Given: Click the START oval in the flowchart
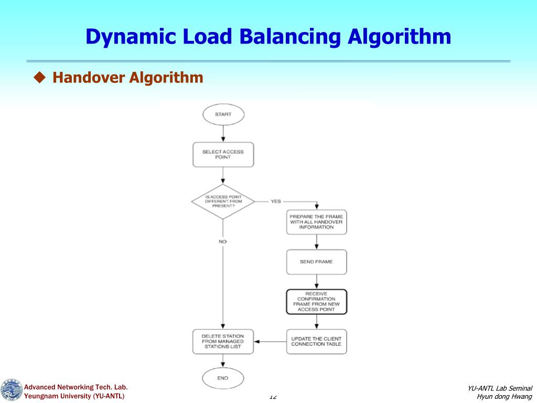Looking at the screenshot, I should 223,114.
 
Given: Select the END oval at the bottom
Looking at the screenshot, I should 223,378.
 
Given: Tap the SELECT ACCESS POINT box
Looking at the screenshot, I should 223,154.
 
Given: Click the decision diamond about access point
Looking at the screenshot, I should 223,201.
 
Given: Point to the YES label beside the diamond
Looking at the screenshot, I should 276,201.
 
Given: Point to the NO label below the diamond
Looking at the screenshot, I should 223,241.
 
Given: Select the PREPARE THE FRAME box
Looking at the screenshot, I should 316,221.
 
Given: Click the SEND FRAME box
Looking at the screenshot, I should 316,261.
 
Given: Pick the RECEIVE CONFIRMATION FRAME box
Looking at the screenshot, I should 316,302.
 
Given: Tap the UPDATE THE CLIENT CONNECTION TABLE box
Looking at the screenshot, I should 316,342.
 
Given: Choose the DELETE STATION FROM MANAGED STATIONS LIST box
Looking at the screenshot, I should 223,342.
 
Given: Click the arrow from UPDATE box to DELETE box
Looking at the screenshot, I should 270,342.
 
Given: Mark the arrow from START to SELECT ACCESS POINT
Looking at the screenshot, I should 223,133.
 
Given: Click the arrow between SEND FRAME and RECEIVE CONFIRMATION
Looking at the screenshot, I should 316,282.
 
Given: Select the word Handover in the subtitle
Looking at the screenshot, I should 88,78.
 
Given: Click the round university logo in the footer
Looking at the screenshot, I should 11,391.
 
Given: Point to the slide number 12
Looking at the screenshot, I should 273,397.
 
